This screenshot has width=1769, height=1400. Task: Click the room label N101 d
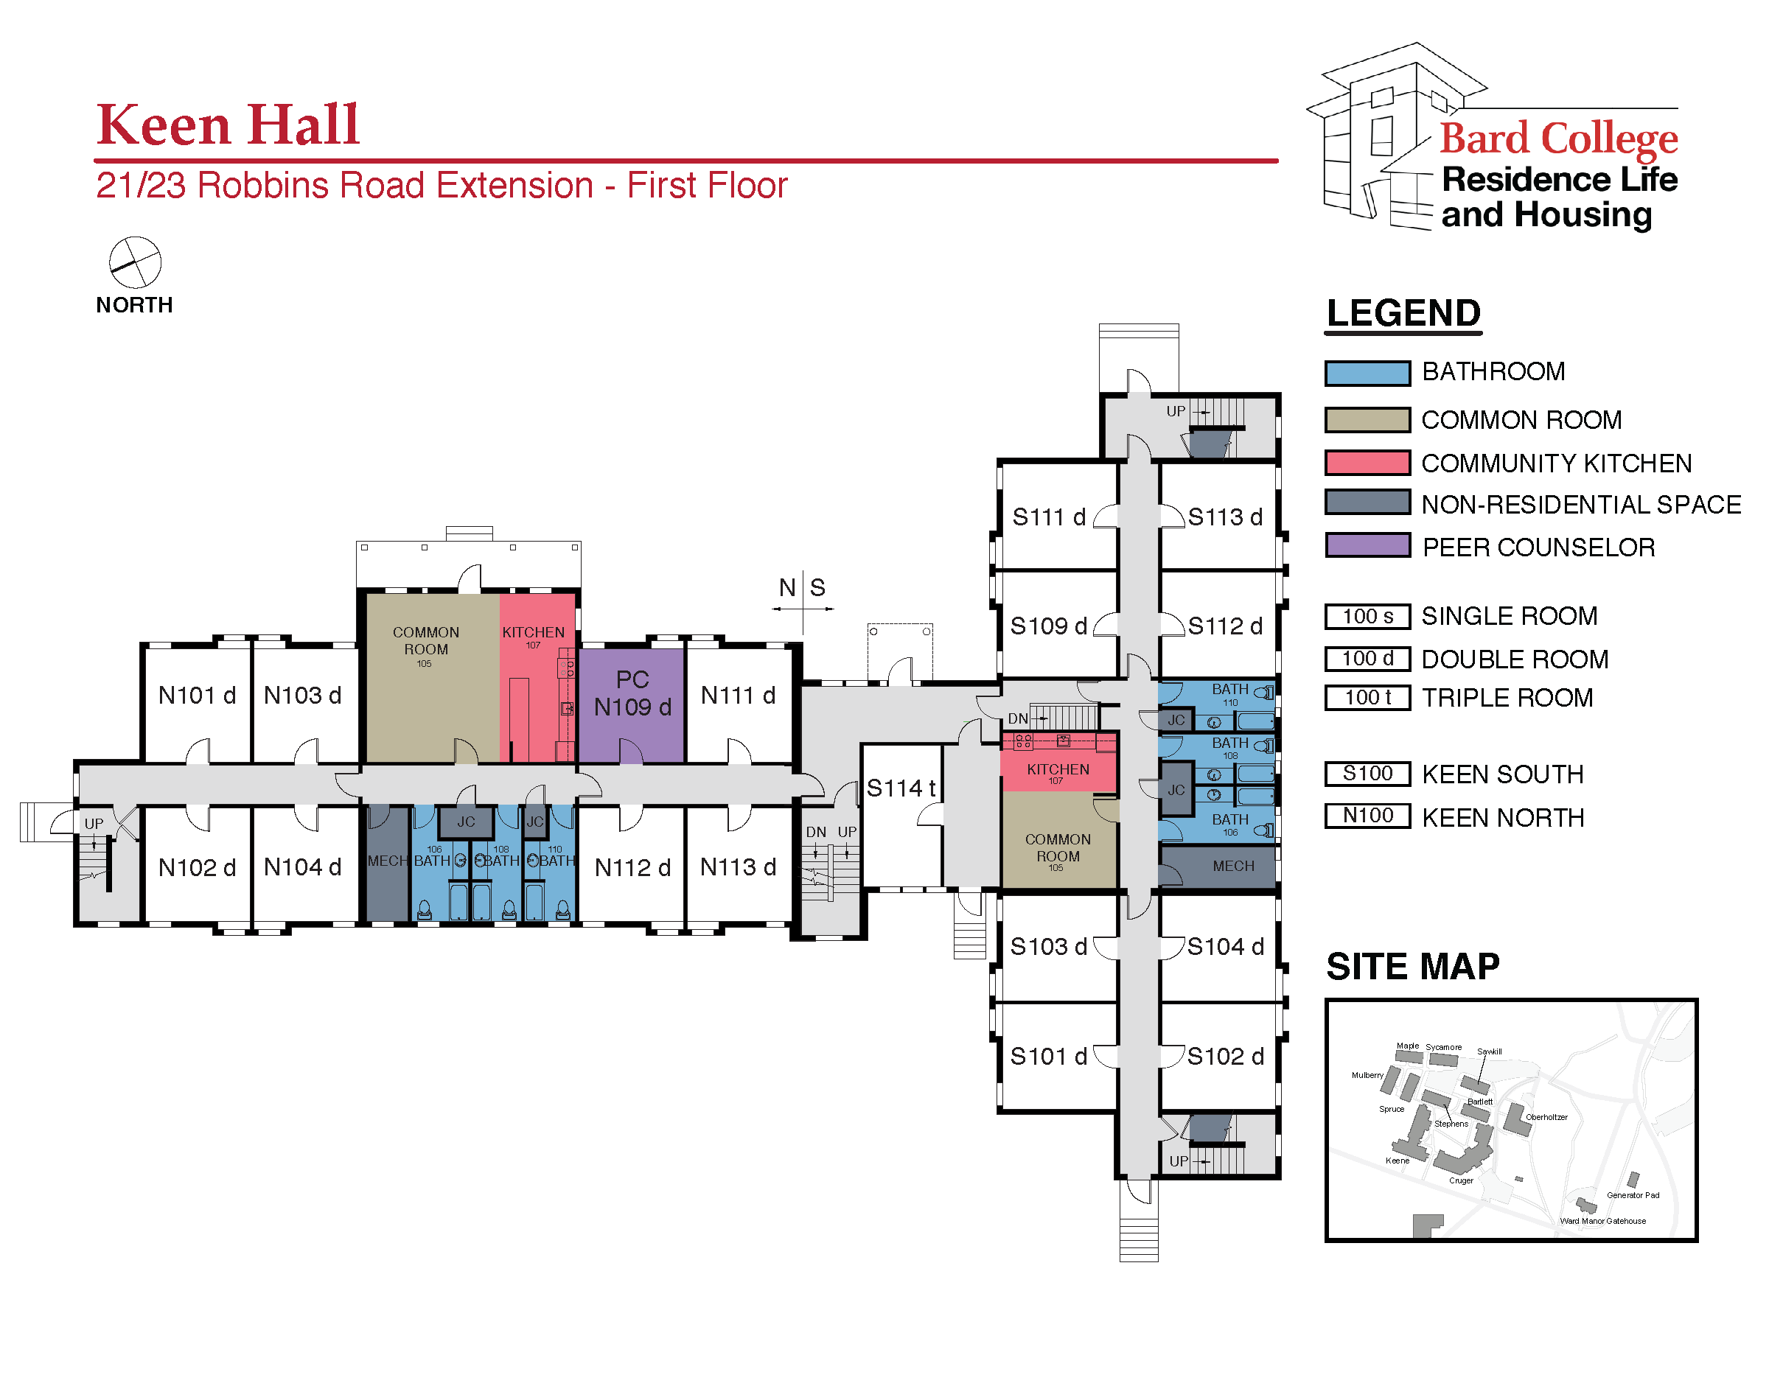[x=197, y=696]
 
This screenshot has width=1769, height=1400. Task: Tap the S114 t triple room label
[x=900, y=788]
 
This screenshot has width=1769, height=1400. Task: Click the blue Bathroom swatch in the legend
[x=1367, y=373]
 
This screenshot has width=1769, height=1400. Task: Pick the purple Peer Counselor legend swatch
[x=1367, y=546]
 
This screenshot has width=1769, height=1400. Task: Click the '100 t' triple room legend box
[x=1367, y=698]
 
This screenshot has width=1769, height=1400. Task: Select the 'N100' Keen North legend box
[x=1367, y=816]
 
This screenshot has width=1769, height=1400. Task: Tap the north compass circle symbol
[x=136, y=263]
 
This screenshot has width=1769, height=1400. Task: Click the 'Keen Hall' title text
[x=228, y=125]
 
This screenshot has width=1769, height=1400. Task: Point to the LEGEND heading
[x=1403, y=314]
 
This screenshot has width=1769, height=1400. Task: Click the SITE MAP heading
[x=1412, y=967]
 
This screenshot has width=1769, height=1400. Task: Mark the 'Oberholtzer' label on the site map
[x=1545, y=1117]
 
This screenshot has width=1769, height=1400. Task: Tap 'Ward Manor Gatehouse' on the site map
[x=1602, y=1221]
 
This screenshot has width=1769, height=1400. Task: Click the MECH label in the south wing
[x=1232, y=867]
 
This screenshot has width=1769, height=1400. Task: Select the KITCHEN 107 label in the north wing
[x=533, y=635]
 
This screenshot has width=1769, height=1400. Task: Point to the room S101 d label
[x=1047, y=1057]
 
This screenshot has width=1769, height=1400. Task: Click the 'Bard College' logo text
[x=1557, y=138]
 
